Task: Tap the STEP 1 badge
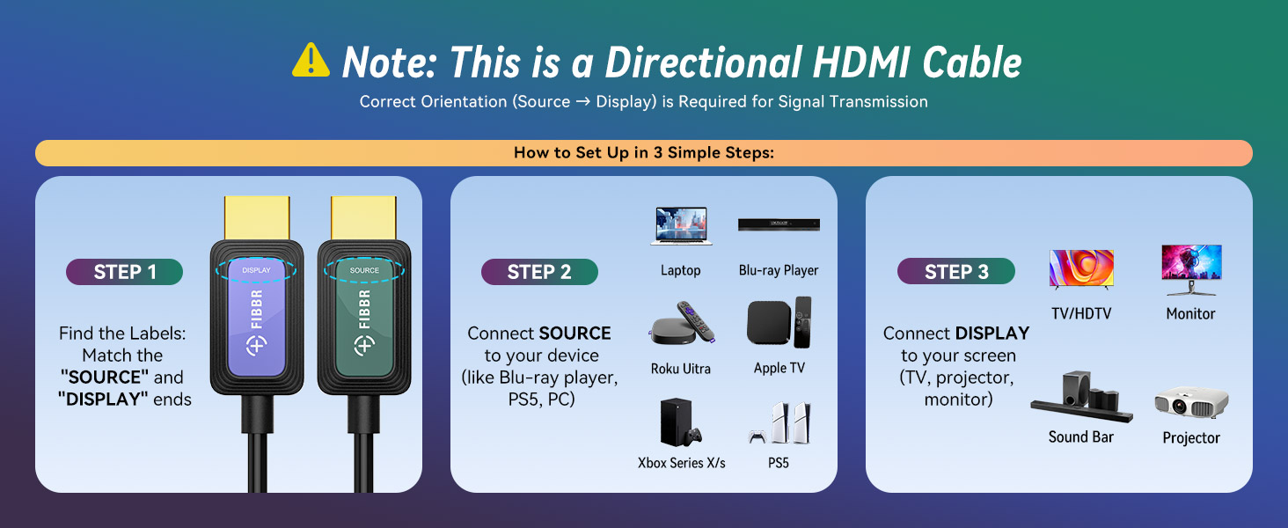point(124,272)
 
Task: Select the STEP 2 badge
point(539,272)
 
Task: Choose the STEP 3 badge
point(955,272)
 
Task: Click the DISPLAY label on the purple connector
point(256,270)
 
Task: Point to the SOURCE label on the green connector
point(364,270)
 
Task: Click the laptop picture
point(681,226)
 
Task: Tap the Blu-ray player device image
point(779,225)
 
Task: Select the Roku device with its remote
point(680,325)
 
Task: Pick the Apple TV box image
point(779,323)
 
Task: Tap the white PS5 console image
point(780,423)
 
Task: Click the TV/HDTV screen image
point(1081,268)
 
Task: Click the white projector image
point(1191,404)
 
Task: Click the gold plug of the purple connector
point(257,217)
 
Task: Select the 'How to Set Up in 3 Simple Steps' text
point(643,153)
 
